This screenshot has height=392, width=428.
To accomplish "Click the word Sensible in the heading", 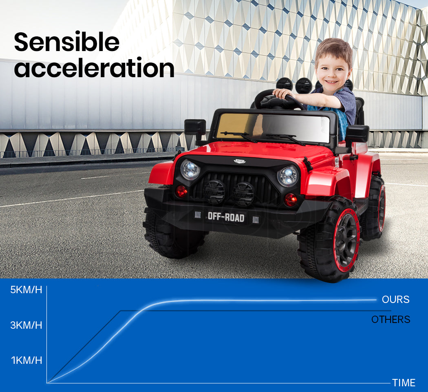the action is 66,42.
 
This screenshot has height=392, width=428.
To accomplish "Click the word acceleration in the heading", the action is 94,67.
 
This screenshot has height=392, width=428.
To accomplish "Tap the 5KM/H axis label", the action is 26,290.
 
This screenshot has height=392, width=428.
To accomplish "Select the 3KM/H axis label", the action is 26,325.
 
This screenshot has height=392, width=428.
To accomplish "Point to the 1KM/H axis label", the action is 26,360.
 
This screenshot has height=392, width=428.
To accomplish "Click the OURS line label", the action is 395,299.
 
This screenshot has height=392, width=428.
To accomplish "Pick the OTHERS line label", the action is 390,319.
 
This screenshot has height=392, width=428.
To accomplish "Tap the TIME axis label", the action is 404,383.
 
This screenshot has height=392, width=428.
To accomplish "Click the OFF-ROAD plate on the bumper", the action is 226,217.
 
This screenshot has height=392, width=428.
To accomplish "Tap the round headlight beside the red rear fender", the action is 288,176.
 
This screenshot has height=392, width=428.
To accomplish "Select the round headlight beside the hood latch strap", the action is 190,169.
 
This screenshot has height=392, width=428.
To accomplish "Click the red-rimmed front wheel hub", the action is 346,240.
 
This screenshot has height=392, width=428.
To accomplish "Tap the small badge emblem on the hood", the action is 240,161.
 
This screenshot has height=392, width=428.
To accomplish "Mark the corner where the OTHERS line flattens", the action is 121,311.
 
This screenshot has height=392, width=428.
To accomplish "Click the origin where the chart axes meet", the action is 47,383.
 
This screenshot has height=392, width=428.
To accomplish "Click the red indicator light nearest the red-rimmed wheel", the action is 290,200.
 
